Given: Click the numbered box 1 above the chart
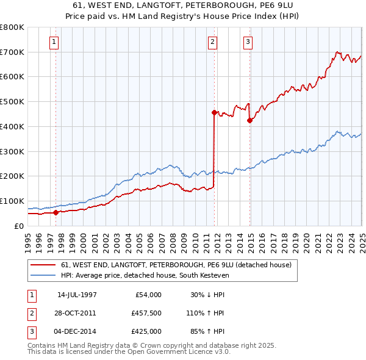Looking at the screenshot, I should [x=55, y=42].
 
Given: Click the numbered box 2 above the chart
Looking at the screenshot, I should [x=212, y=42].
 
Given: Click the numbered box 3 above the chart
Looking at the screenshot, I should [x=248, y=42].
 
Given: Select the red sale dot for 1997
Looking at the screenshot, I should [x=56, y=212].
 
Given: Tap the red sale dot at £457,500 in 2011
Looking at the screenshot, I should [x=214, y=112].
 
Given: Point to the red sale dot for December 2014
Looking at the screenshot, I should [x=249, y=120].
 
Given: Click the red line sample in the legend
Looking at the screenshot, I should [x=43, y=265].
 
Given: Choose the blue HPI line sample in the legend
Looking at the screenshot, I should [x=43, y=276].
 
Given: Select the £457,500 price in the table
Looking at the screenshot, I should [x=146, y=313].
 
